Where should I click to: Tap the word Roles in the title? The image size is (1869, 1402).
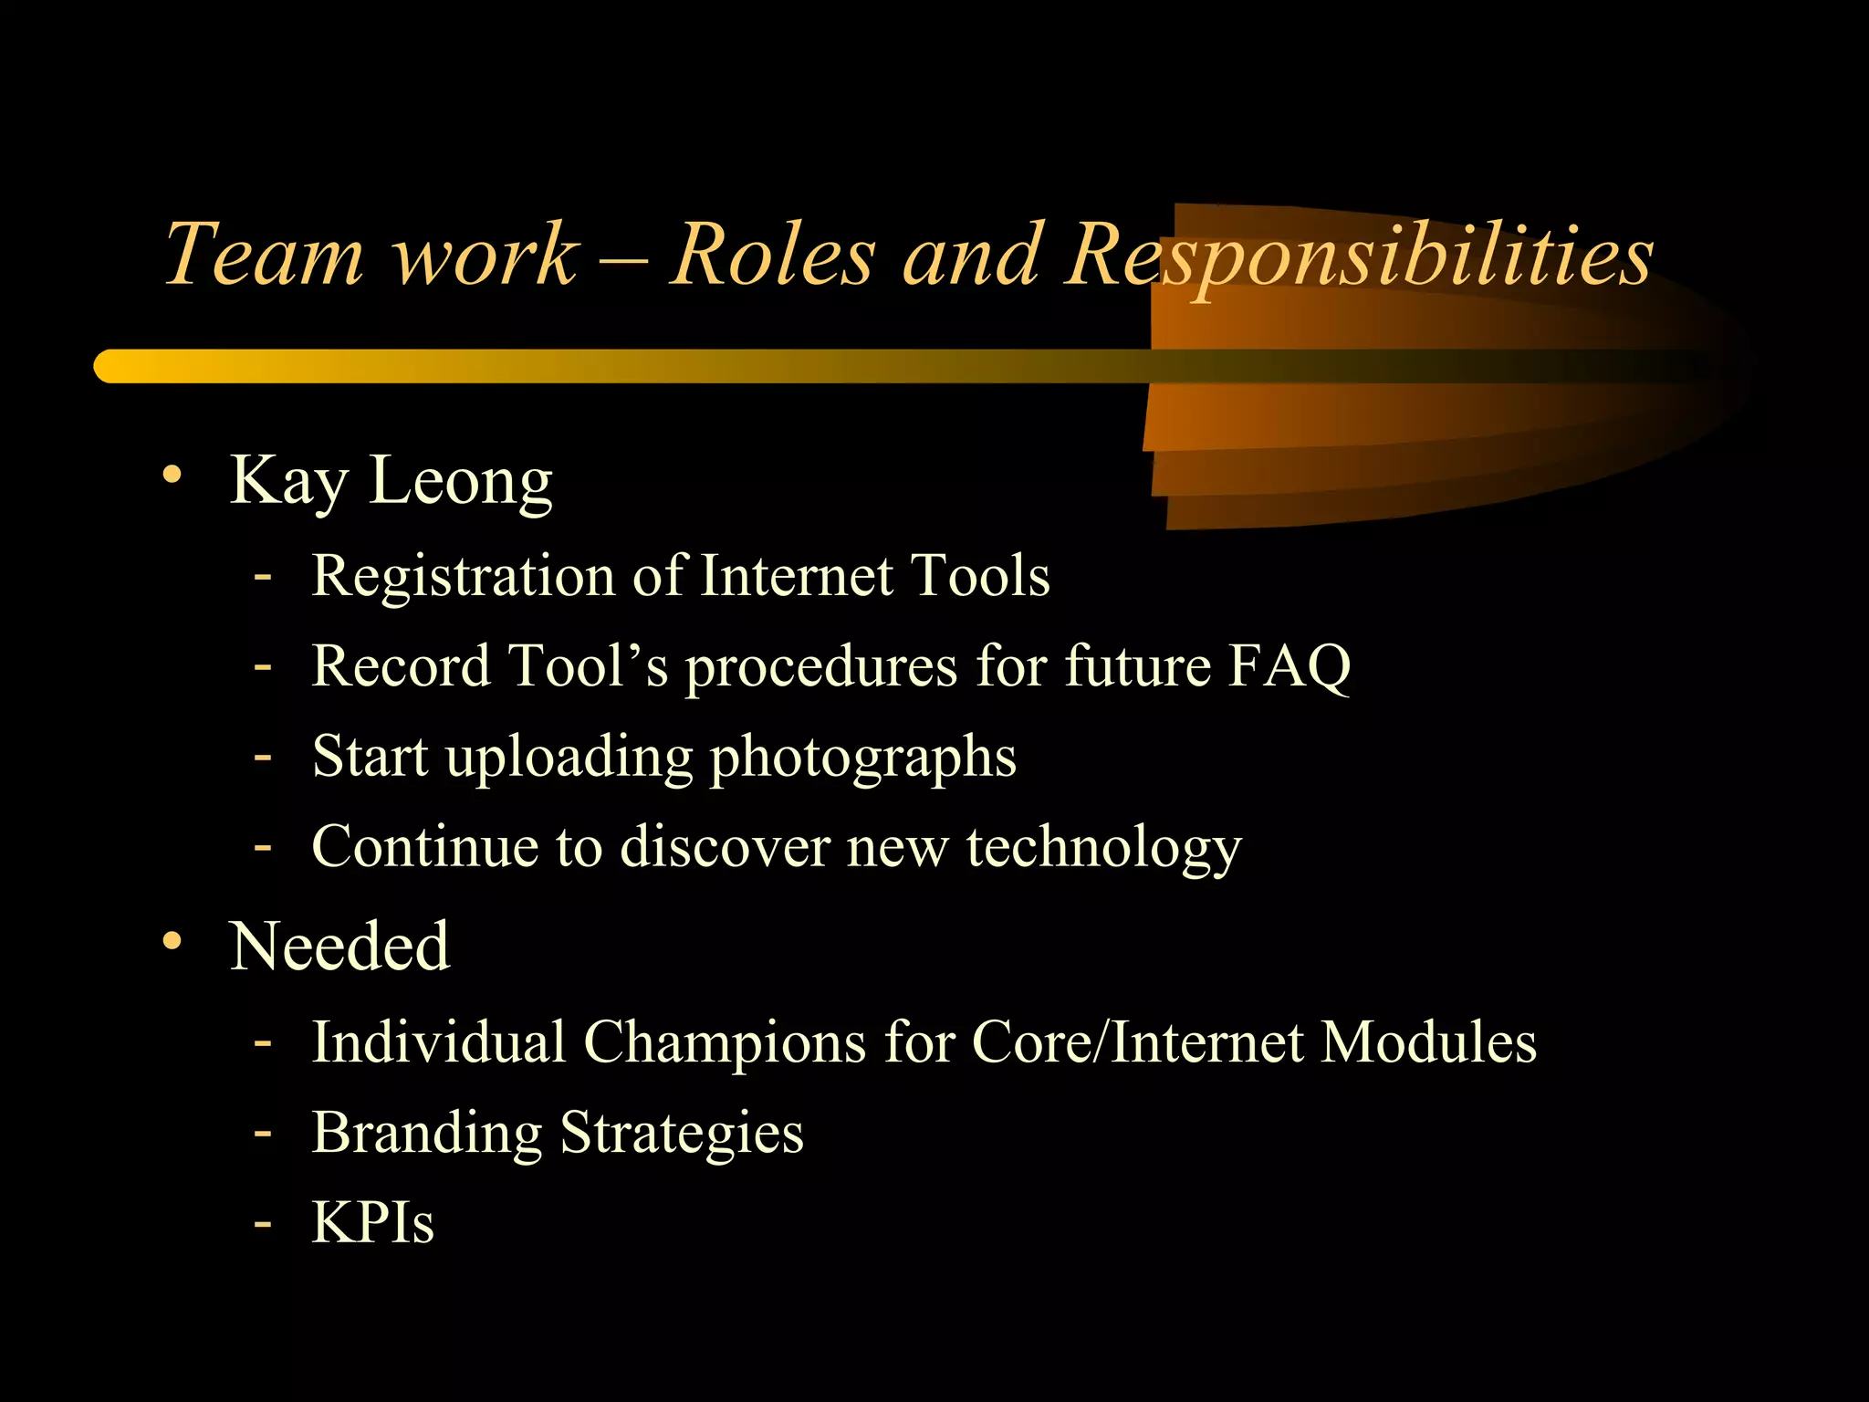[x=773, y=256]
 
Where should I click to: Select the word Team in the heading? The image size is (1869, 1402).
[x=264, y=256]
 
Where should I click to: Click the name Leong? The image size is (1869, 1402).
[x=460, y=481]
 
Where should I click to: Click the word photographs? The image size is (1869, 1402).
[x=862, y=758]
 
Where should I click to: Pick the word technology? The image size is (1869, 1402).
[x=1103, y=847]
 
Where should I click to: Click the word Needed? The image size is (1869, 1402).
[x=339, y=947]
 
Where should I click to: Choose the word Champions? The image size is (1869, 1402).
[x=725, y=1041]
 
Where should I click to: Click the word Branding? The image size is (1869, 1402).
[x=427, y=1133]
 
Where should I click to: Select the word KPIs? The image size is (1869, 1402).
[x=372, y=1222]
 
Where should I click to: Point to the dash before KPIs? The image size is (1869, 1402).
[x=263, y=1222]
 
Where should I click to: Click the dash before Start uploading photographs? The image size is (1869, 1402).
[x=263, y=757]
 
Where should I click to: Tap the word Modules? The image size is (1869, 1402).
[x=1428, y=1041]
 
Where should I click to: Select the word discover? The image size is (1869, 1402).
[x=725, y=847]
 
